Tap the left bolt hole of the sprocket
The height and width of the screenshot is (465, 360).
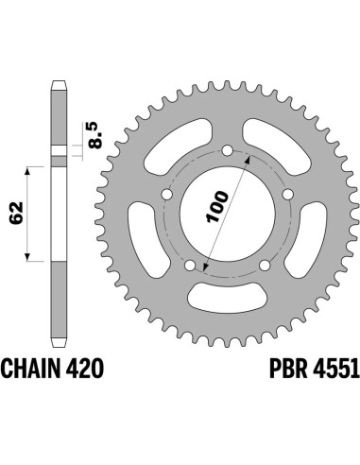click(167, 195)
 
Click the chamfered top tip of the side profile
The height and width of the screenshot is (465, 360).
click(57, 86)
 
